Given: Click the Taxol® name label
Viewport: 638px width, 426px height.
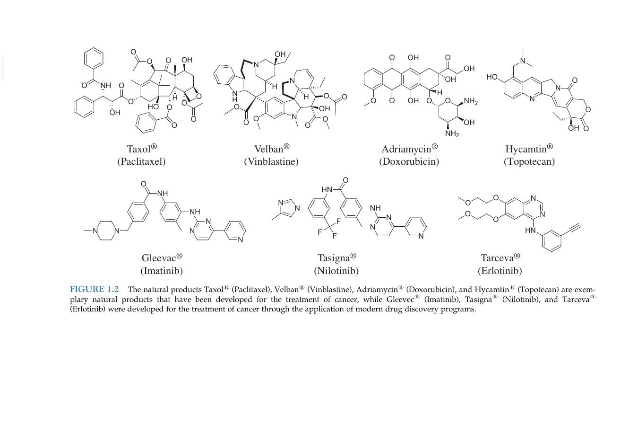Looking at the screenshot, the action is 142,149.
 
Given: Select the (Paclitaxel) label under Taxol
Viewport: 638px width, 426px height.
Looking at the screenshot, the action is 141,161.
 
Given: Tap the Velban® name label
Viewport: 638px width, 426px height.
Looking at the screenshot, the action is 272,149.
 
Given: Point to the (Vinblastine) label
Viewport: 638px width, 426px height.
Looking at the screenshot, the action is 271,161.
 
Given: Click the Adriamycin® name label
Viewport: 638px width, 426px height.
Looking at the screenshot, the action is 410,149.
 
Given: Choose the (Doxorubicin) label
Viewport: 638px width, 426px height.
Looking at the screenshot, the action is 409,161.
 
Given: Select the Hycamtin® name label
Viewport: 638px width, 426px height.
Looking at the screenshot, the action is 529,149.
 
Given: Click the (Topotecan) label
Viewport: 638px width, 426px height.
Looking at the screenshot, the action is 529,162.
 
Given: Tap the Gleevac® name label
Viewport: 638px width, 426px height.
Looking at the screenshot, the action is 162,257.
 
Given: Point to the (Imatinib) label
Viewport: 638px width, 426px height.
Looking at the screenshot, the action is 162,270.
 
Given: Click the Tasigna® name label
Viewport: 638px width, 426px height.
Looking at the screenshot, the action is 336,257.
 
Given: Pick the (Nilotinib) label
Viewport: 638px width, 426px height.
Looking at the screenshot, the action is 336,270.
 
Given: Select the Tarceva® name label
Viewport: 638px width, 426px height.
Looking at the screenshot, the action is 500,257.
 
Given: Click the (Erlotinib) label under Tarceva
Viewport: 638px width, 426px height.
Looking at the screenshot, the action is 500,270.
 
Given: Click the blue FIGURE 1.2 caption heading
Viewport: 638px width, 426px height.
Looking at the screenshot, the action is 94,289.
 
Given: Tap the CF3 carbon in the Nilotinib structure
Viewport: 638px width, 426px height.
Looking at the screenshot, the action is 330,227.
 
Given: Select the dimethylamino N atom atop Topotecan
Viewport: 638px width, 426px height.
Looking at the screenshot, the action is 523,61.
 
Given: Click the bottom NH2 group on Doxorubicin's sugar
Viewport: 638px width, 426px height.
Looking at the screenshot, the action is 452,133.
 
